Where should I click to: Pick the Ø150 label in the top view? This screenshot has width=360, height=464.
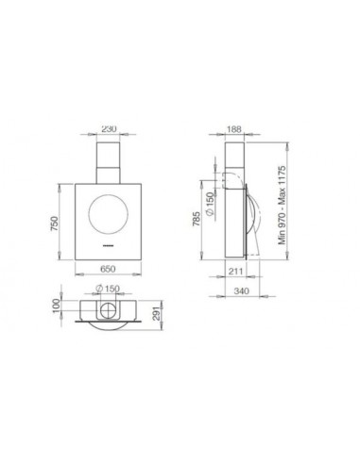pos(110,290)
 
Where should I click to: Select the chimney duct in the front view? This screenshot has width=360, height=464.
pos(111,162)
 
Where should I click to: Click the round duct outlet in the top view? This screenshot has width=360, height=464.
pos(111,310)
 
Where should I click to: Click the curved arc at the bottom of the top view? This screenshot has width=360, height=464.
pos(111,328)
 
